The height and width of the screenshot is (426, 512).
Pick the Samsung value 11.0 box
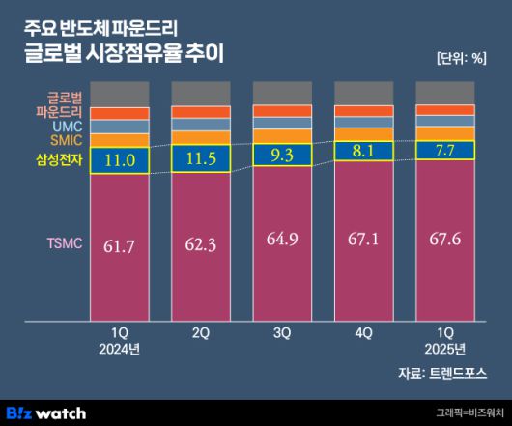click(119, 161)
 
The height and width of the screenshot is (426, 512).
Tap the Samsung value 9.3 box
click(281, 154)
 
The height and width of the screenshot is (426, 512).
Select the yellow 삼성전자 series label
click(59, 158)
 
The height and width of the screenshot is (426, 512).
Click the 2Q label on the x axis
click(200, 332)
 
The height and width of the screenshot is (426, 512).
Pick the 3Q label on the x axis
click(281, 332)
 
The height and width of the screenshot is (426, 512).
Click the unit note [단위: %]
click(462, 56)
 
